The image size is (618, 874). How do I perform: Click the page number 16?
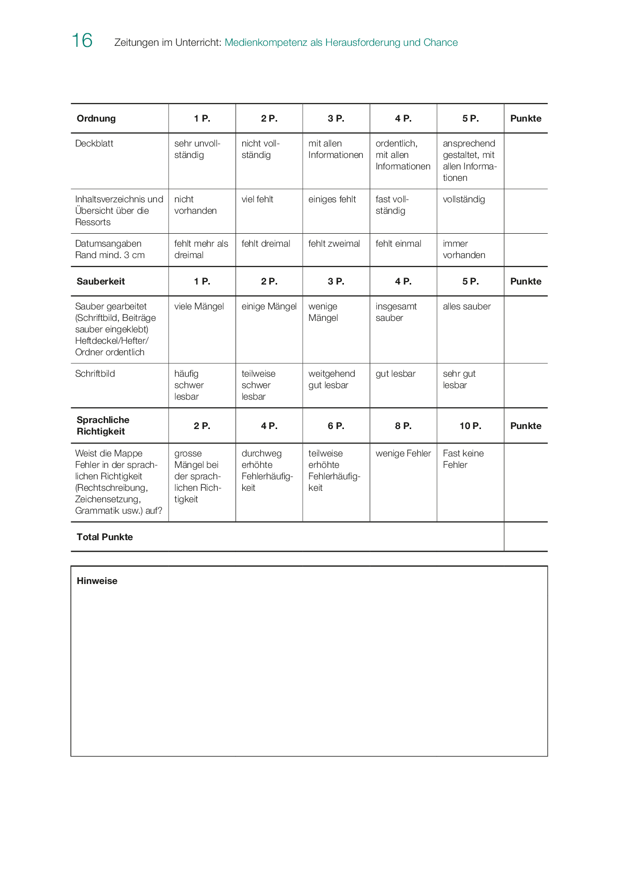tap(82, 41)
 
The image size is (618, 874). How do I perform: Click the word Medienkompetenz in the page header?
tap(266, 43)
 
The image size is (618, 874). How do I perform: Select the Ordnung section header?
tap(96, 119)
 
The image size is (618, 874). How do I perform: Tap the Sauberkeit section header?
tap(101, 282)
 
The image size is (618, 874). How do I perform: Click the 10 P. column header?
tap(470, 426)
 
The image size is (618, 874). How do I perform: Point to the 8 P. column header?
tap(403, 426)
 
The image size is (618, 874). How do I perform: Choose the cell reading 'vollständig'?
tap(463, 199)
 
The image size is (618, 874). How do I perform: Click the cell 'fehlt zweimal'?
tap(334, 244)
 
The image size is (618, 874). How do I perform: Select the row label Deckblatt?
tap(94, 144)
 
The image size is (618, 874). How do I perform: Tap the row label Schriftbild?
tap(95, 374)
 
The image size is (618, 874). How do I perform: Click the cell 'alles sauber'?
tap(466, 306)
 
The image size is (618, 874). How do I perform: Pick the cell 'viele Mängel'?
tap(199, 306)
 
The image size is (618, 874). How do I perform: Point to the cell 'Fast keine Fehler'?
tap(463, 459)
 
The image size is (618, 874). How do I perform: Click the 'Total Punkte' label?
tap(105, 537)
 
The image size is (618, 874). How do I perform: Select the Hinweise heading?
tap(97, 581)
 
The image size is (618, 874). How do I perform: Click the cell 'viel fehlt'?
tap(257, 199)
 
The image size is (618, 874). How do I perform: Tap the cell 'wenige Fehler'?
tap(403, 453)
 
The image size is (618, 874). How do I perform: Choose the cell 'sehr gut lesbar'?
tap(459, 379)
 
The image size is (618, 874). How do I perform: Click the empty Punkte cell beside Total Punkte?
tap(525, 537)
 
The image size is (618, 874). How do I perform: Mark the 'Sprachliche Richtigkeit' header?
tap(103, 426)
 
